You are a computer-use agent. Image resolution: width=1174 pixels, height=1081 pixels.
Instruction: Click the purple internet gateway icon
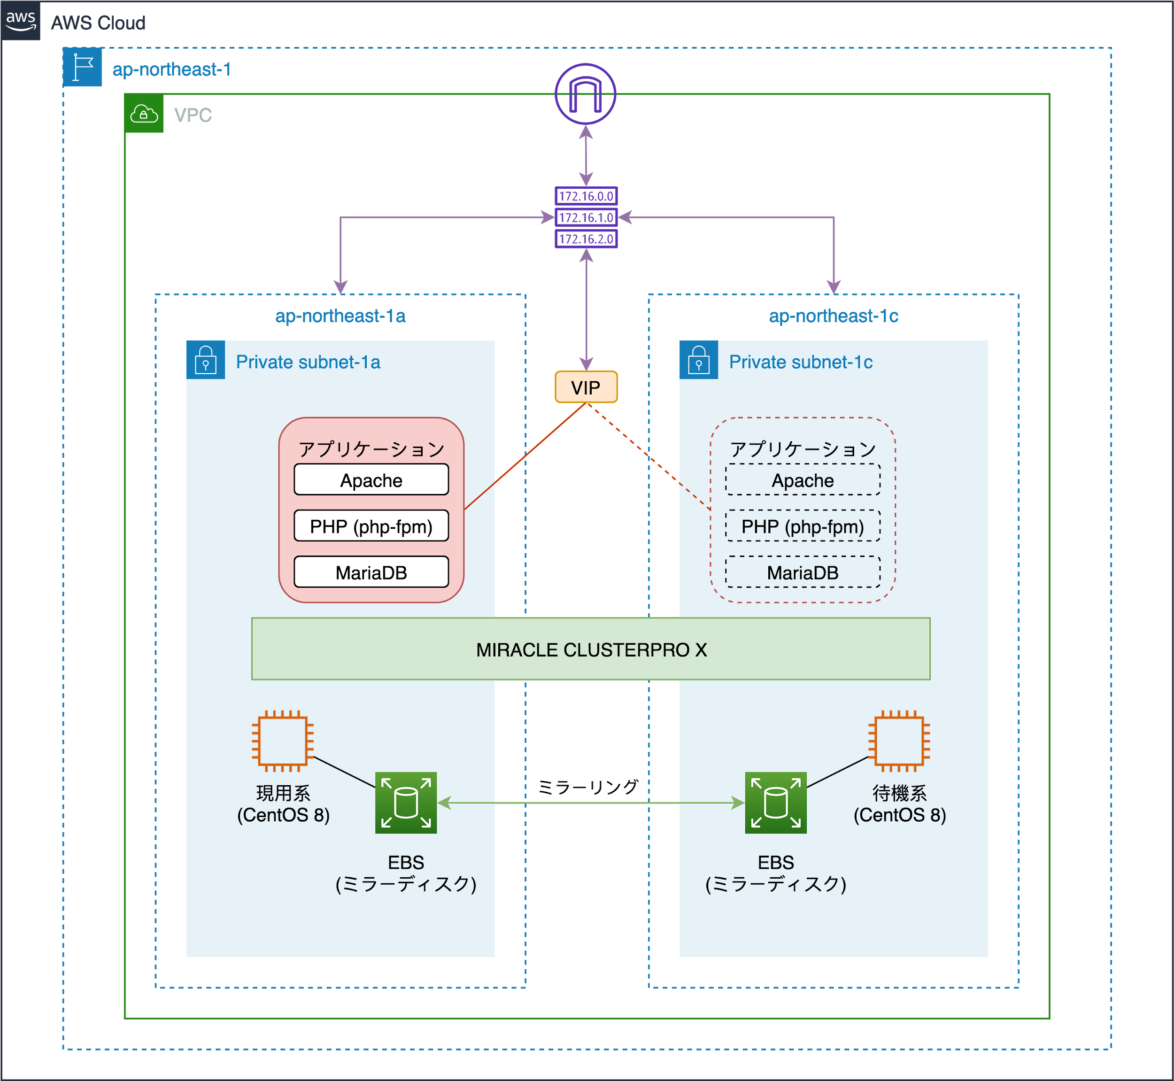tap(585, 93)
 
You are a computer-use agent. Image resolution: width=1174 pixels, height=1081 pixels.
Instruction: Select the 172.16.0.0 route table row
tap(586, 196)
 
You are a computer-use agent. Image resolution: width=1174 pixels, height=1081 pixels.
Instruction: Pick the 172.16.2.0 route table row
tap(586, 239)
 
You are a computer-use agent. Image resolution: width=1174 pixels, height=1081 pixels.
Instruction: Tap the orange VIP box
tap(586, 387)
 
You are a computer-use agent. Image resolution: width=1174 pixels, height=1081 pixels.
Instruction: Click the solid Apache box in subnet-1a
tap(371, 479)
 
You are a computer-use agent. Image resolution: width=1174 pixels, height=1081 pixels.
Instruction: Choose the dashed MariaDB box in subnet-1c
tap(803, 572)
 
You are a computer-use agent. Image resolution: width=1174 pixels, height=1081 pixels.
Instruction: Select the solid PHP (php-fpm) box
tap(371, 526)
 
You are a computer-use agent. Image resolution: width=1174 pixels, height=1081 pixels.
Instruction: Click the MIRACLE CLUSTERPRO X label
tap(591, 649)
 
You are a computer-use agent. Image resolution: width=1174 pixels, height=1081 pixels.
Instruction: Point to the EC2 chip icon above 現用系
tap(283, 741)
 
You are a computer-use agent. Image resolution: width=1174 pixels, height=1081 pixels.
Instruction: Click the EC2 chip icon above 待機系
tap(899, 741)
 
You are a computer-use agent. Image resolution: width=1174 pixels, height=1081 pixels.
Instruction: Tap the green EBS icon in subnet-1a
tap(406, 803)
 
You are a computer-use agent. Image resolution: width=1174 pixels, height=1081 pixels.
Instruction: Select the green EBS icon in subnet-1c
tap(776, 803)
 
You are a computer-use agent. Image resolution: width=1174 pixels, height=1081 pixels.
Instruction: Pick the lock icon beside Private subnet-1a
tap(205, 360)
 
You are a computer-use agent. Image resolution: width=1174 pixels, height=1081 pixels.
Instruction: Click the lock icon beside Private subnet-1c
tap(698, 360)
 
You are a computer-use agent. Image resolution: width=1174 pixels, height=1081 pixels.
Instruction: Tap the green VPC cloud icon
tap(144, 114)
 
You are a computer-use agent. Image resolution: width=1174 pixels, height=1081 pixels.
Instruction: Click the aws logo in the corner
tap(21, 20)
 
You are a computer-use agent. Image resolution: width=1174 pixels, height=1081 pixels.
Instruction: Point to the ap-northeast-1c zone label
tap(833, 316)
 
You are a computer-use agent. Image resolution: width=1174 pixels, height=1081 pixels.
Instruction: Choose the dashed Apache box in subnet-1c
tap(803, 479)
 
